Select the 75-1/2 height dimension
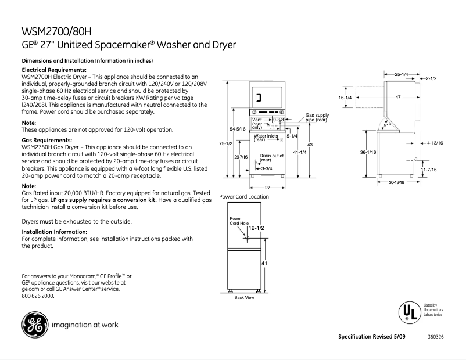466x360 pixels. pos(226,143)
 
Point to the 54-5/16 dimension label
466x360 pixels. pos(238,128)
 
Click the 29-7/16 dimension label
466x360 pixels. pos(241,157)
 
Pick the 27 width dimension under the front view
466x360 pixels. pos(267,187)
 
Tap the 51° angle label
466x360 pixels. pos(387,124)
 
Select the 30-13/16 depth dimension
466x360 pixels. pos(396,182)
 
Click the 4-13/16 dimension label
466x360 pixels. pos(435,142)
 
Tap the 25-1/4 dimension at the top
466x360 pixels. pos(402,74)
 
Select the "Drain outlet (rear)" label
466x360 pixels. pos(271,157)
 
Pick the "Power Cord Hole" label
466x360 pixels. pos(239,221)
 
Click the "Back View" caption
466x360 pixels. pos(244,297)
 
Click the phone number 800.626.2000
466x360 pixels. pos(38,296)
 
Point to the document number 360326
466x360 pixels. pos(435,337)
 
